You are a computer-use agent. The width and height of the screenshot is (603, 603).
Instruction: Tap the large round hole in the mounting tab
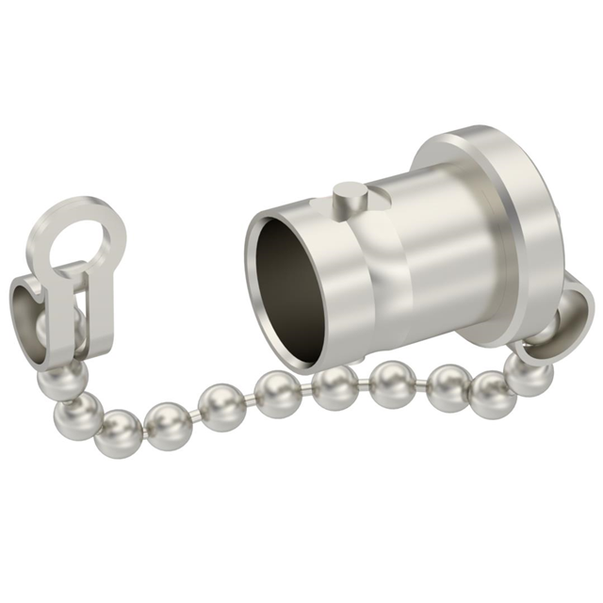pos(82,237)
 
